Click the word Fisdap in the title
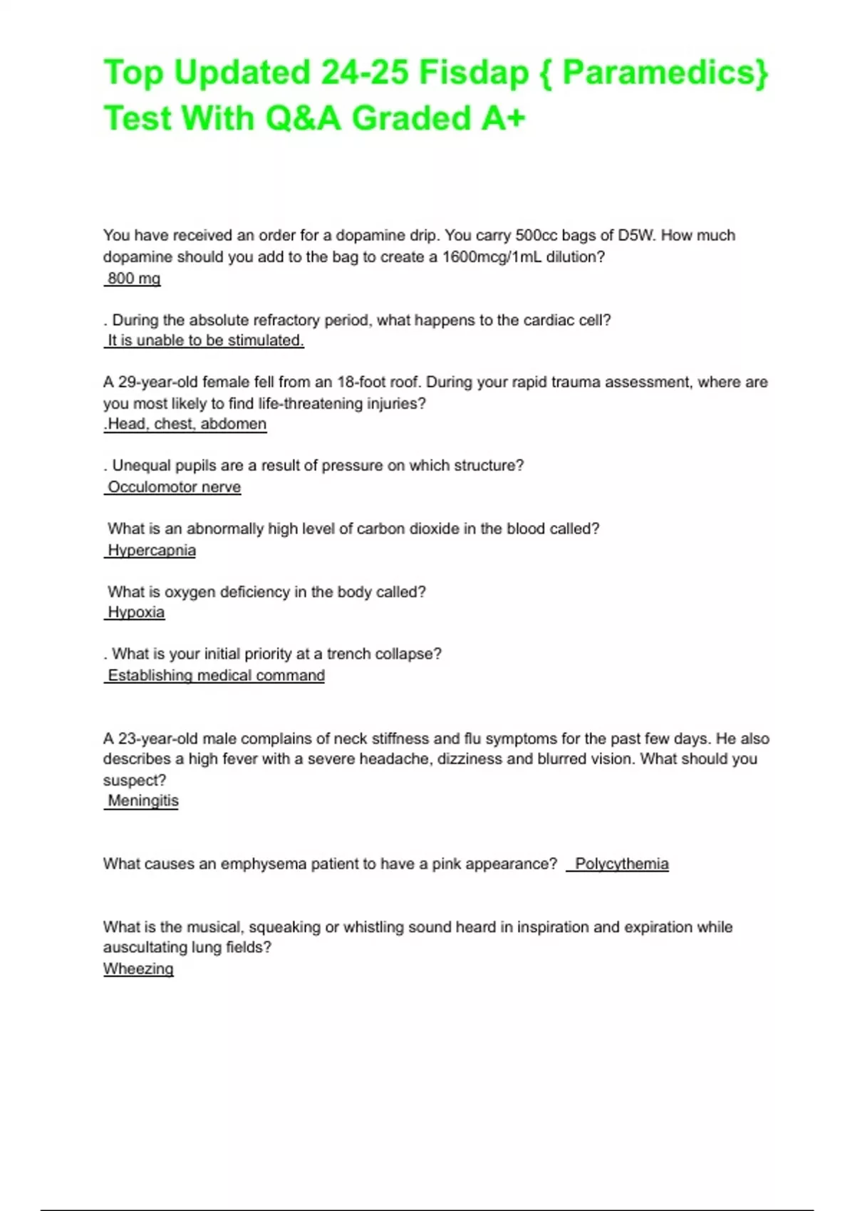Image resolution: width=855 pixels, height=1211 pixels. pos(473,73)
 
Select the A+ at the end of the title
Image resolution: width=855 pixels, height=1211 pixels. pos(503,118)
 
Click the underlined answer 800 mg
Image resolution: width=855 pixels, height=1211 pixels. pos(133,279)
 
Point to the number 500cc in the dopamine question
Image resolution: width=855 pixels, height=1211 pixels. pos(537,236)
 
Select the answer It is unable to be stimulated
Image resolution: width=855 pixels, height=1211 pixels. pos(205,341)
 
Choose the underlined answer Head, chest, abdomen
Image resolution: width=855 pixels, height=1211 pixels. pos(187,425)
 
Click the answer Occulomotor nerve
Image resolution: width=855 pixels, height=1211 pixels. pos(174,487)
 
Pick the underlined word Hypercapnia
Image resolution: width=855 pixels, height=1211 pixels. pos(151,551)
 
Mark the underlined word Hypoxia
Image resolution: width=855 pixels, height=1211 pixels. pos(135,613)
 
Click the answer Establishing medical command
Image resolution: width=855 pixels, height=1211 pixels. pos(216,675)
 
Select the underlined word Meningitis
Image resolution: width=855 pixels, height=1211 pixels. pos(142,801)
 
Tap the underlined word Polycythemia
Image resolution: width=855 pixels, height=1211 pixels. pos(621,864)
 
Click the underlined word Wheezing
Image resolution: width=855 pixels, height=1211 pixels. pos(138,969)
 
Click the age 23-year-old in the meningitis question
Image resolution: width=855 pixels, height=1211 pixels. pos(158,739)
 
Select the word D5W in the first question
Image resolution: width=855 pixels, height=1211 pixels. pos(636,236)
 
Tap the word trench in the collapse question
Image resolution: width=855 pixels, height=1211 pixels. pos(349,654)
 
